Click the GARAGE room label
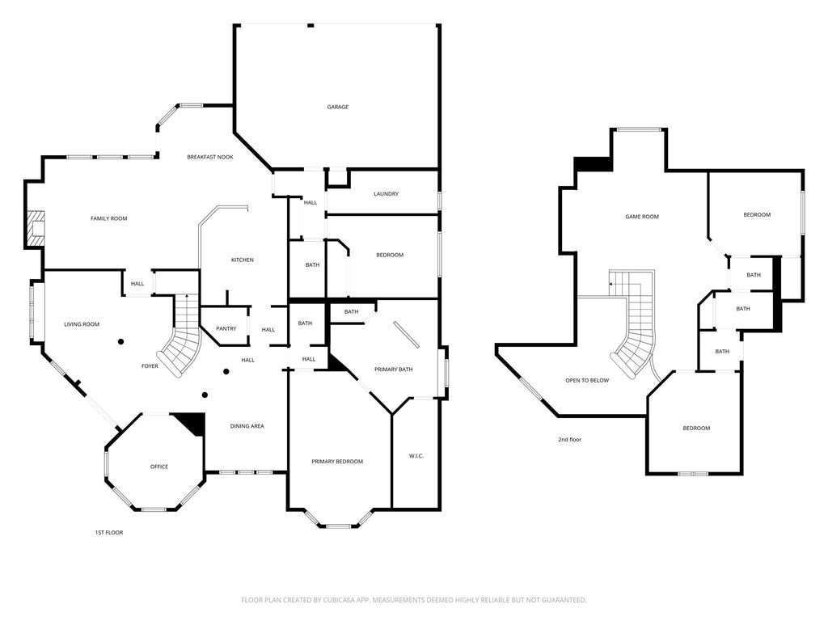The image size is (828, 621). pyautogui.click(x=337, y=107)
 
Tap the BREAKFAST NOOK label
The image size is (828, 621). pyautogui.click(x=210, y=157)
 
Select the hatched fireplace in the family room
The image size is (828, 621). pyautogui.click(x=34, y=228)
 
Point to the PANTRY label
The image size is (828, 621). pyautogui.click(x=226, y=328)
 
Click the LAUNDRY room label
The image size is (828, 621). pyautogui.click(x=386, y=194)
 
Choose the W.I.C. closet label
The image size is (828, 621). pyautogui.click(x=416, y=456)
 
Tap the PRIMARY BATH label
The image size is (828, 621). pyautogui.click(x=394, y=369)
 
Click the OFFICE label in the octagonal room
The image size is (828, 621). pyautogui.click(x=159, y=467)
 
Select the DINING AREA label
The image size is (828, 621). pyautogui.click(x=247, y=426)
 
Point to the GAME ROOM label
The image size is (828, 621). pyautogui.click(x=642, y=217)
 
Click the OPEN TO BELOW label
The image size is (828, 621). pyautogui.click(x=587, y=380)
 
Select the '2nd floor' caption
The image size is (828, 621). pyautogui.click(x=570, y=439)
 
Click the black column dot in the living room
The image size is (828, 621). pyautogui.click(x=121, y=342)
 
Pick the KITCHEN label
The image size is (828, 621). pyautogui.click(x=243, y=260)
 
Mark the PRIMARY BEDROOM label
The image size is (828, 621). pyautogui.click(x=337, y=462)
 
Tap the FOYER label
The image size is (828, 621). pyautogui.click(x=150, y=366)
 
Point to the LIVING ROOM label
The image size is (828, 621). pyautogui.click(x=82, y=324)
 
